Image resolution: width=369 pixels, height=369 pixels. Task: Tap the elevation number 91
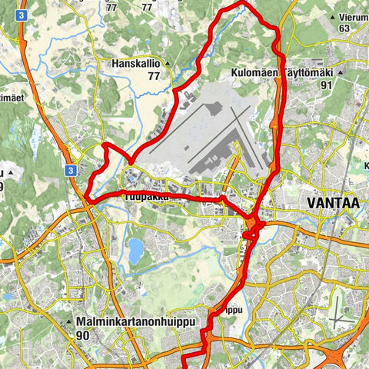tap(327, 85)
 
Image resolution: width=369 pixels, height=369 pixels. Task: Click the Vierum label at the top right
tap(354, 17)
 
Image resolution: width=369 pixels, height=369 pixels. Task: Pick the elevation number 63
tap(344, 28)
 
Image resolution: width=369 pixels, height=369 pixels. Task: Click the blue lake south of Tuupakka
tap(135, 249)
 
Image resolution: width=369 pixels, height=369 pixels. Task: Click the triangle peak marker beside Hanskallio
tap(165, 65)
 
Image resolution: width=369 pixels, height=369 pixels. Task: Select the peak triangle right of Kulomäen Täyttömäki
tap(339, 73)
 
